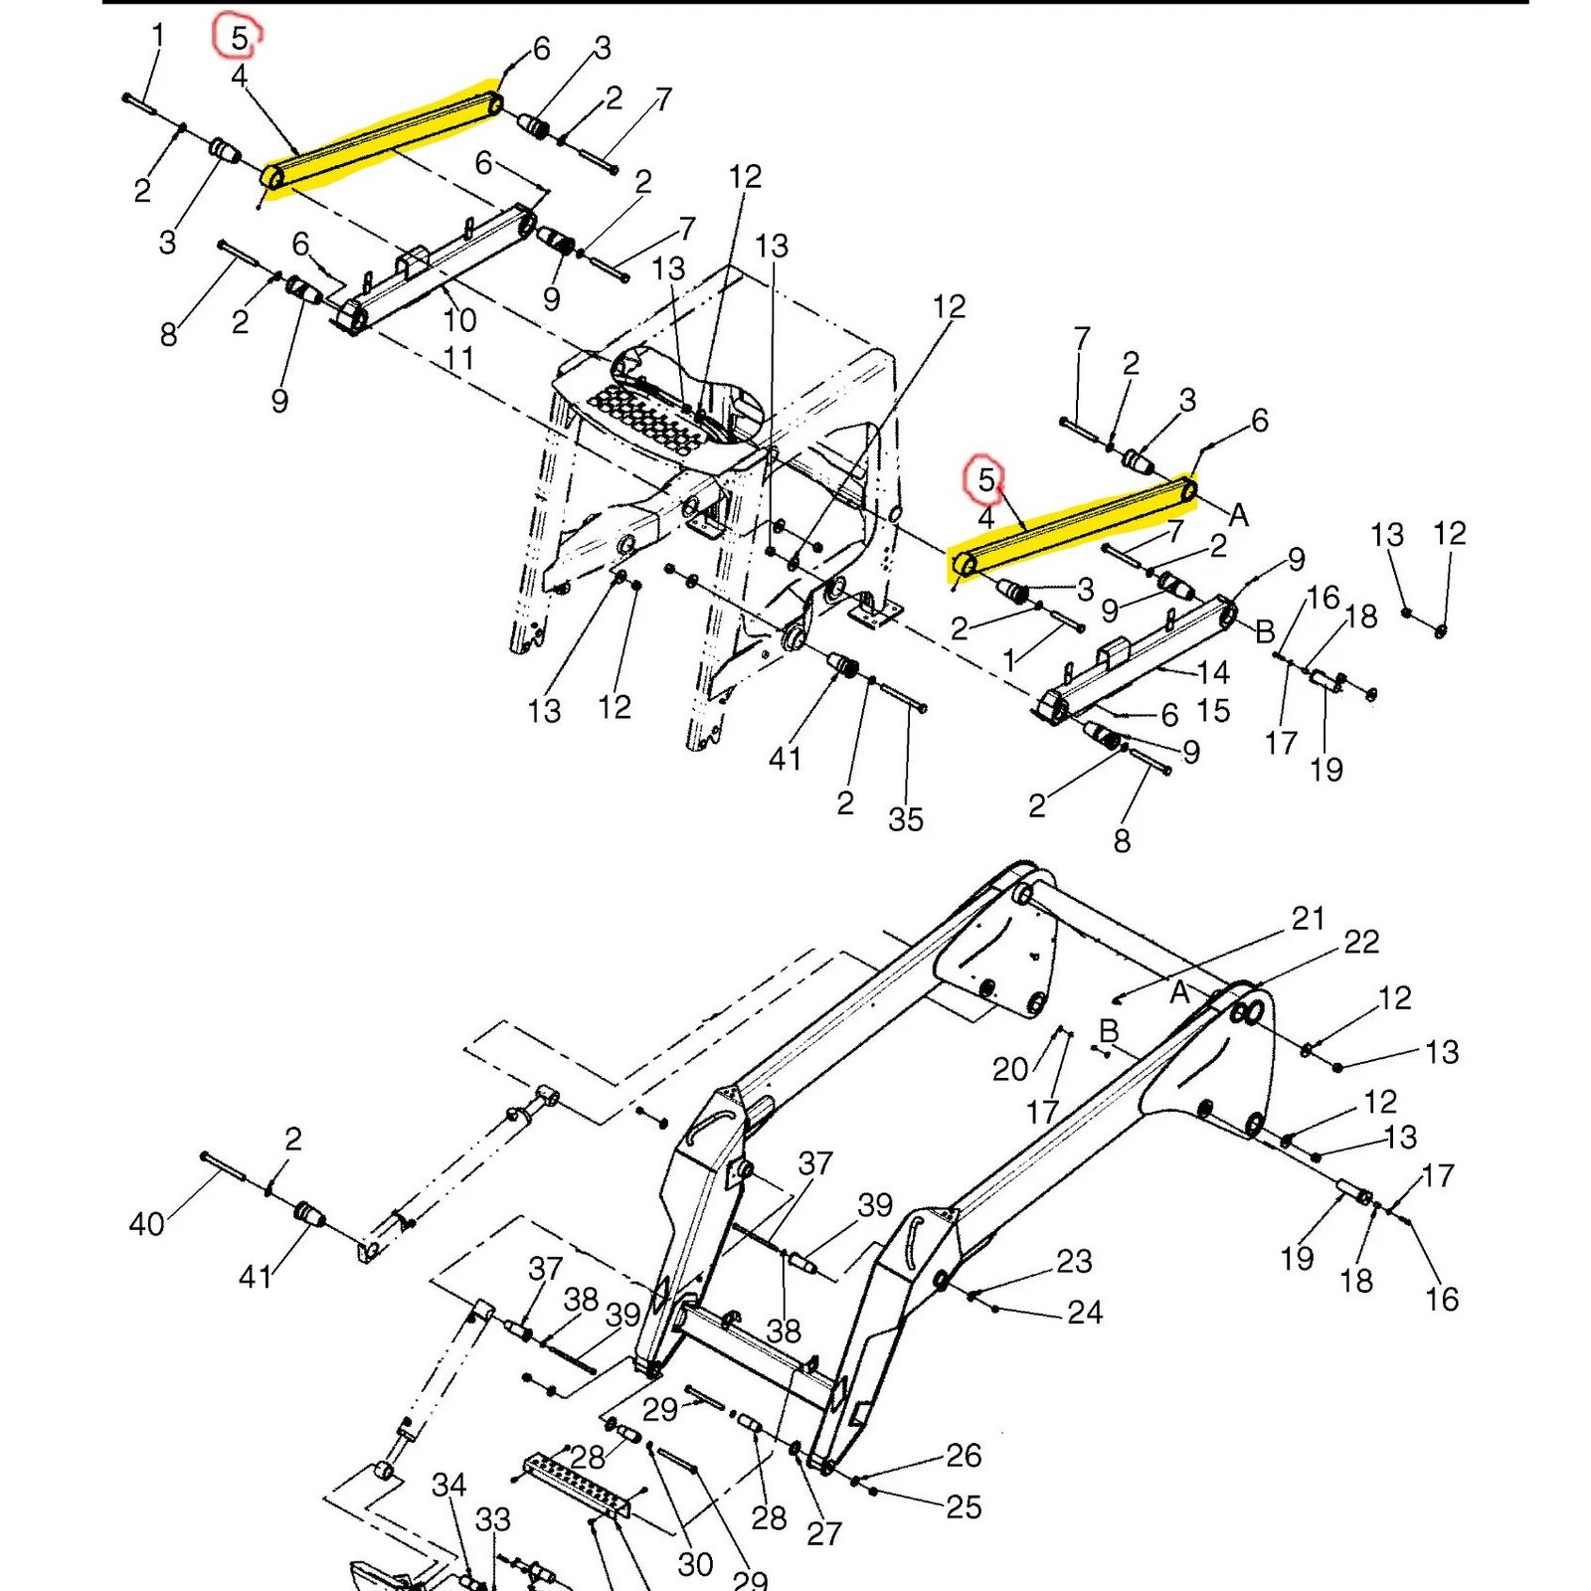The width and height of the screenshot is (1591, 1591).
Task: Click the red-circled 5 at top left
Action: (239, 38)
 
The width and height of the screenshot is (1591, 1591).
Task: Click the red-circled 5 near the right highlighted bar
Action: (984, 479)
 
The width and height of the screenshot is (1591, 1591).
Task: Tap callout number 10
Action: (459, 320)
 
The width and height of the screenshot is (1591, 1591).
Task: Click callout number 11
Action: (457, 358)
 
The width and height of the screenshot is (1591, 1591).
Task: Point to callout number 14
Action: (1213, 672)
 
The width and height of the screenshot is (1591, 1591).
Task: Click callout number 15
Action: (1213, 711)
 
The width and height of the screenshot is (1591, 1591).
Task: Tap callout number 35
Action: (905, 819)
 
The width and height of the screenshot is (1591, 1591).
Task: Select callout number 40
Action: (146, 1223)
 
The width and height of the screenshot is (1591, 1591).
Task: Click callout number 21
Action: (1308, 918)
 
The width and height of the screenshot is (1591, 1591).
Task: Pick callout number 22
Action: (1361, 942)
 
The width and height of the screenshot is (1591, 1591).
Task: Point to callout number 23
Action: (1074, 1261)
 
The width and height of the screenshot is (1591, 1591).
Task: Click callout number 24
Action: (1084, 1313)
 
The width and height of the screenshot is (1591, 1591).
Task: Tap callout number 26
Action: (963, 1455)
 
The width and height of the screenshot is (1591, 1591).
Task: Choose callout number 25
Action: (963, 1506)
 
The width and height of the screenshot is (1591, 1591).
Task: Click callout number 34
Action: (448, 1485)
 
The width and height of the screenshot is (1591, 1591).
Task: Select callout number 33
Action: (492, 1519)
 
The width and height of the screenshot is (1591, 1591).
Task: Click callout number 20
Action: (1009, 1069)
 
